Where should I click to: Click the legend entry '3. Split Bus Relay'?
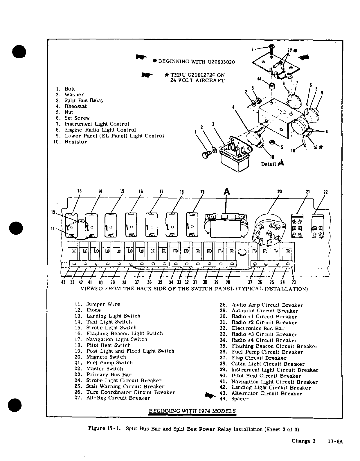click(80, 100)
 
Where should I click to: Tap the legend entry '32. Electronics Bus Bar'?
click(252, 329)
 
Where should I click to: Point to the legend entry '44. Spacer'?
click(234, 399)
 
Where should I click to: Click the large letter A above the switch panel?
click(227, 192)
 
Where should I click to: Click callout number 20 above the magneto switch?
click(280, 192)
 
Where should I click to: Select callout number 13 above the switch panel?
click(79, 191)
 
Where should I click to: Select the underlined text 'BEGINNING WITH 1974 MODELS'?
click(192, 411)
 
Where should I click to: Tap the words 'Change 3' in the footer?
click(303, 441)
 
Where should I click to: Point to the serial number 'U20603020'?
click(221, 62)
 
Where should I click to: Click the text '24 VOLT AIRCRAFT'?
click(197, 80)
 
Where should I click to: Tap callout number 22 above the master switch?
click(325, 192)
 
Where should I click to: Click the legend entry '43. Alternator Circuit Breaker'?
click(261, 393)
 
